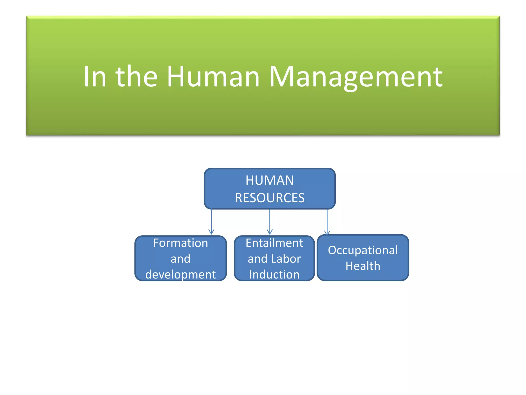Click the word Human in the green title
click(x=213, y=77)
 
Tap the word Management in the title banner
click(x=356, y=77)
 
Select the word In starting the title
click(x=95, y=77)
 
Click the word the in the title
click(x=136, y=77)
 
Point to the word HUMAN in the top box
click(x=270, y=180)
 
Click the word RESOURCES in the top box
click(x=270, y=198)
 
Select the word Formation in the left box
click(x=181, y=243)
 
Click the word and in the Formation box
click(x=181, y=259)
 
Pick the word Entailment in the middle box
click(x=274, y=243)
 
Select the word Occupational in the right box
click(x=363, y=250)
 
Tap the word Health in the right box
click(x=363, y=266)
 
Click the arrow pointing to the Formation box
click(x=211, y=221)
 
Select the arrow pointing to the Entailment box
click(x=270, y=221)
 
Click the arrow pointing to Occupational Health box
click(x=327, y=221)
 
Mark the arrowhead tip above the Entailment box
click(x=270, y=234)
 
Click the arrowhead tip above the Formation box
click(x=211, y=234)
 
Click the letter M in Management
click(x=280, y=77)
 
